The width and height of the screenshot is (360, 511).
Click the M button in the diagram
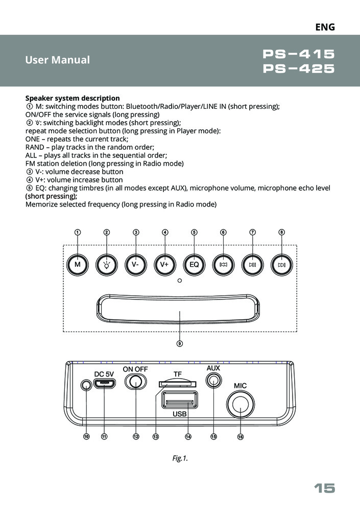pyautogui.click(x=77, y=265)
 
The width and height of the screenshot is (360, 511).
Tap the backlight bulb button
pyautogui.click(x=107, y=265)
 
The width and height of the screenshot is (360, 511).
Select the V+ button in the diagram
pyautogui.click(x=164, y=265)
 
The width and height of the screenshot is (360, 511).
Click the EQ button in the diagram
pyautogui.click(x=194, y=265)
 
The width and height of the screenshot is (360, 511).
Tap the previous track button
pyautogui.click(x=223, y=265)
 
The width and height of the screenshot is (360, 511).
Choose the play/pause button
pyautogui.click(x=253, y=265)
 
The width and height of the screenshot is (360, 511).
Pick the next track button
pyautogui.click(x=282, y=265)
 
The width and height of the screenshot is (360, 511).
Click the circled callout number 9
pyautogui.click(x=180, y=343)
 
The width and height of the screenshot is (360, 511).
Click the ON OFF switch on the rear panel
pyautogui.click(x=136, y=381)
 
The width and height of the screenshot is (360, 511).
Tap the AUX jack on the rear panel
pyautogui.click(x=213, y=380)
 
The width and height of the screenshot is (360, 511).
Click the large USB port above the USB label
pyautogui.click(x=179, y=400)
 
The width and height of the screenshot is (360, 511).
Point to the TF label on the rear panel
pyautogui.click(x=177, y=374)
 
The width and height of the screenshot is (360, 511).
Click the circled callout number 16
pyautogui.click(x=240, y=437)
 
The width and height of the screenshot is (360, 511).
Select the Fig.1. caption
pyautogui.click(x=180, y=459)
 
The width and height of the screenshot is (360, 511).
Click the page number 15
pyautogui.click(x=324, y=489)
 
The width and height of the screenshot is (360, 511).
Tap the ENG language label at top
pyautogui.click(x=325, y=27)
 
